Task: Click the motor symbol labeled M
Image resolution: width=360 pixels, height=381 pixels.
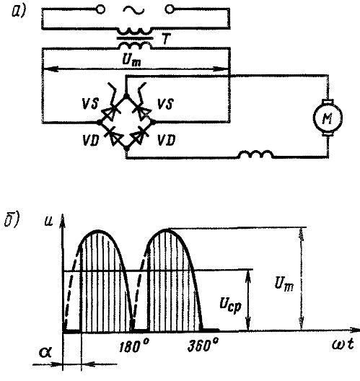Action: click(x=328, y=118)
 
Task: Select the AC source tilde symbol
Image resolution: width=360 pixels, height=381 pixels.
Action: click(x=133, y=10)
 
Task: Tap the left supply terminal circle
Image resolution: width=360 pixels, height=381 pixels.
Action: click(x=101, y=9)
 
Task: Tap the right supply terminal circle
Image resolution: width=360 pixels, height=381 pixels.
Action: click(x=169, y=9)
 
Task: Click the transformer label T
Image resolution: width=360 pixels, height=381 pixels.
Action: click(x=167, y=39)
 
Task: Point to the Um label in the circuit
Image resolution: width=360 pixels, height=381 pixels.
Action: click(x=131, y=61)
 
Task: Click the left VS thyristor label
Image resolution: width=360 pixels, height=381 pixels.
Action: click(x=90, y=104)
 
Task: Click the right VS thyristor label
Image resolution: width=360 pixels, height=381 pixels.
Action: click(x=165, y=104)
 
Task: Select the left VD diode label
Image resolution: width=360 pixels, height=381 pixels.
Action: click(x=91, y=140)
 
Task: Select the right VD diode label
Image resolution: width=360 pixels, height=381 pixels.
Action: click(x=166, y=140)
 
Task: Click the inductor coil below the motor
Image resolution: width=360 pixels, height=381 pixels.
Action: click(x=255, y=154)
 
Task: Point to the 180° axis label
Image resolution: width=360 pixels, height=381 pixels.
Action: click(x=134, y=346)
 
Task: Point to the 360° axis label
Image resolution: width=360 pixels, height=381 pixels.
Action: click(x=203, y=344)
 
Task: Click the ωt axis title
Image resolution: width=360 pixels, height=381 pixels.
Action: click(x=343, y=344)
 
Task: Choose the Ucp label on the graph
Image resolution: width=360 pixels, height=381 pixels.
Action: click(x=231, y=305)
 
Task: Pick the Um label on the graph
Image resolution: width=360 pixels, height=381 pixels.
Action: click(x=284, y=284)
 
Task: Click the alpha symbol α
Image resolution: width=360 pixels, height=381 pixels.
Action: click(x=45, y=352)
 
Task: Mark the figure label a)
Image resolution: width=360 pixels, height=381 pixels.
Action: click(x=19, y=11)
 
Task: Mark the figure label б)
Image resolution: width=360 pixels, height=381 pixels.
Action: click(x=11, y=220)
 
